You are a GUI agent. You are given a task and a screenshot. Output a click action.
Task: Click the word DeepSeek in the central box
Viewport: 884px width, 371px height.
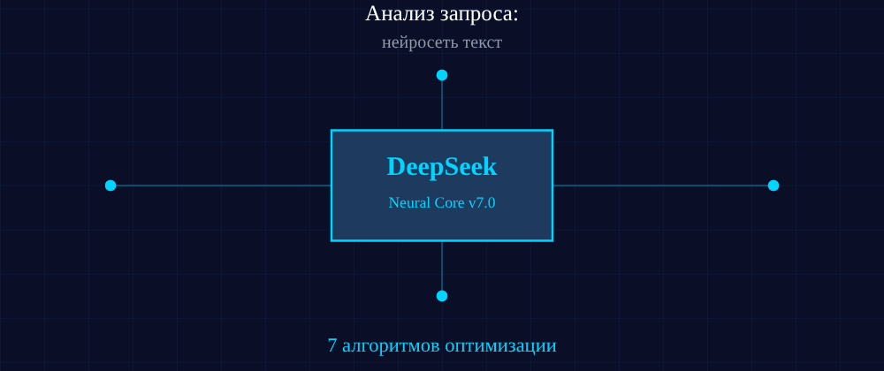pyautogui.click(x=442, y=166)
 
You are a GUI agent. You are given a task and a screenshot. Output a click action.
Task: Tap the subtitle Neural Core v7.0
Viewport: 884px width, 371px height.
pyautogui.click(x=442, y=203)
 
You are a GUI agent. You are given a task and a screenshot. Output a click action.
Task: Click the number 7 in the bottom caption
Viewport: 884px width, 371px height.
pyautogui.click(x=332, y=345)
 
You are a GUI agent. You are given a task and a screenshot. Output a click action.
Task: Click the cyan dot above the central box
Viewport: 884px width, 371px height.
pyautogui.click(x=442, y=75)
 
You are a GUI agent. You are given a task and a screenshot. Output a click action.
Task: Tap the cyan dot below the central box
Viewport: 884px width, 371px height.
pyautogui.click(x=442, y=296)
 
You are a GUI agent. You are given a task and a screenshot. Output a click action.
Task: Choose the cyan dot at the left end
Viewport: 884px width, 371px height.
pyautogui.click(x=110, y=185)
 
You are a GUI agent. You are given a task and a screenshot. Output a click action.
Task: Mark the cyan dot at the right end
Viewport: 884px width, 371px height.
pyautogui.click(x=773, y=185)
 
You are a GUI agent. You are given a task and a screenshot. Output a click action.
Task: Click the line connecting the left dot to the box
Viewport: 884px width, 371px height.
pyautogui.click(x=221, y=185)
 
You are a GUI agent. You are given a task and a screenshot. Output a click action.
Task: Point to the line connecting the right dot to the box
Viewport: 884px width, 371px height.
pyautogui.click(x=663, y=185)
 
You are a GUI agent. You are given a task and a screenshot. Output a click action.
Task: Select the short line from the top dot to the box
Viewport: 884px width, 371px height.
pyautogui.click(x=442, y=104)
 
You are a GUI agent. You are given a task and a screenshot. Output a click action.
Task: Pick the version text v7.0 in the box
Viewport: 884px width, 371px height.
pyautogui.click(x=481, y=203)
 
